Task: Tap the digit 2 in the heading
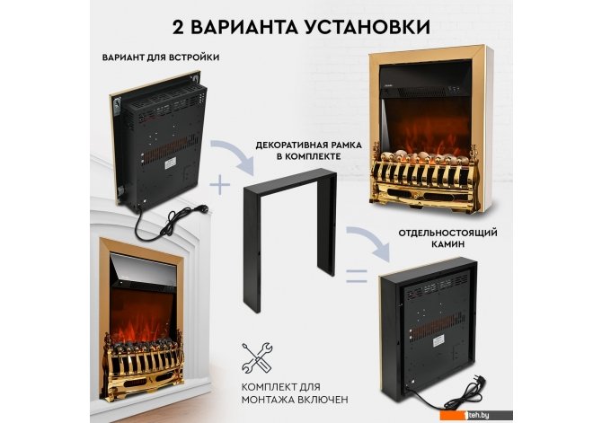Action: [x=178, y=27]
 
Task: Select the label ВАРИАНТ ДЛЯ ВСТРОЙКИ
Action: [x=161, y=57]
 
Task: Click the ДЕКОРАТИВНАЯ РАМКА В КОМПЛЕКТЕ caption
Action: [x=309, y=151]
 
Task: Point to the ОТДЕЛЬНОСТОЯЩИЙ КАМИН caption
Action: [x=447, y=238]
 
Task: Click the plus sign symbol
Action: [x=220, y=184]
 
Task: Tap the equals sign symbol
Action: [x=357, y=276]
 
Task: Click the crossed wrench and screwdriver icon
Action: [x=257, y=357]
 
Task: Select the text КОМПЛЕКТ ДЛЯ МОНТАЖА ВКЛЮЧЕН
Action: [x=295, y=392]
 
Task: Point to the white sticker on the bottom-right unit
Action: [x=438, y=339]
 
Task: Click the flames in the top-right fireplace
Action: [x=426, y=127]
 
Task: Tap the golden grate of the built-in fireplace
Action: [x=143, y=367]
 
